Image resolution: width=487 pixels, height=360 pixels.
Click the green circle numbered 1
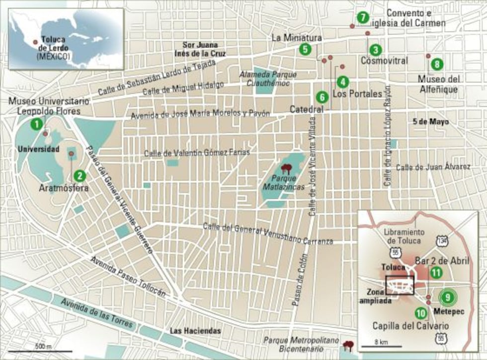point(36,124)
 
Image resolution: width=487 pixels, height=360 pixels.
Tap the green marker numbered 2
point(79,175)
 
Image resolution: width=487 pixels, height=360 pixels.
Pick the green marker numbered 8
point(436,64)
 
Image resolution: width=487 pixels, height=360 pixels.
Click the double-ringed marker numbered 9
point(447,297)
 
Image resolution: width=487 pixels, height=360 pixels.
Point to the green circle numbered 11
point(436,272)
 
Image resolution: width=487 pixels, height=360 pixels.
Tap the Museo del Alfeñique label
point(439,84)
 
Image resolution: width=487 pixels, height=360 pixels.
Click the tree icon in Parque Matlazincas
point(286,168)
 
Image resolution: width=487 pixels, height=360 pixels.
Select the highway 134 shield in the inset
point(442,240)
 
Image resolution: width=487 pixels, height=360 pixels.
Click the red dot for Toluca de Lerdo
point(35,42)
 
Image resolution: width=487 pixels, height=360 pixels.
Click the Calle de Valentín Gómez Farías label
point(197,152)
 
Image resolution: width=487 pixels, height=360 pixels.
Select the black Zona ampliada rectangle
point(400,286)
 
